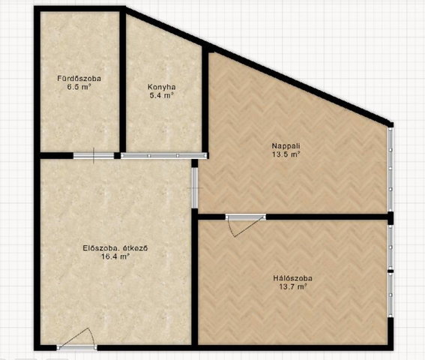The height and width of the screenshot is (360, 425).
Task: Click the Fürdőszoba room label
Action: tap(79, 79)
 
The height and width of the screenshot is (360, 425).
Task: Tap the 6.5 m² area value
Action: tap(79, 87)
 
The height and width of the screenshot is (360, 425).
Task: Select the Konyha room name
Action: tap(162, 87)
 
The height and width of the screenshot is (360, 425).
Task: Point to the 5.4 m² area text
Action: tap(162, 95)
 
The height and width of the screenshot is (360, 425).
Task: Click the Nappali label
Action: tap(286, 146)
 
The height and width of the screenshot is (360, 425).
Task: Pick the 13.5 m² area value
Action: tap(286, 154)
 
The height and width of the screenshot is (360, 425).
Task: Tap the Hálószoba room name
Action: tap(292, 278)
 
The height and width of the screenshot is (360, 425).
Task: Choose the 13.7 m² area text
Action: tap(293, 286)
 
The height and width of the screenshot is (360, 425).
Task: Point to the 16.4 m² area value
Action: tap(115, 256)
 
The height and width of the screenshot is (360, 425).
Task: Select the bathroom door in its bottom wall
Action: tap(94, 156)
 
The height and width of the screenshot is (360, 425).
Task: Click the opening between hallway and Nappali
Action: tap(195, 187)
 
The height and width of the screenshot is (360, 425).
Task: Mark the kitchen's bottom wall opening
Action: tap(163, 155)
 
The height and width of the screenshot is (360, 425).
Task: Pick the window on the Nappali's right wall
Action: tap(391, 169)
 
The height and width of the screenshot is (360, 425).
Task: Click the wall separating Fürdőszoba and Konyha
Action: tap(123, 80)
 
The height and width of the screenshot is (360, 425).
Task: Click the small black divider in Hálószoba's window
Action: tap(391, 271)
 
